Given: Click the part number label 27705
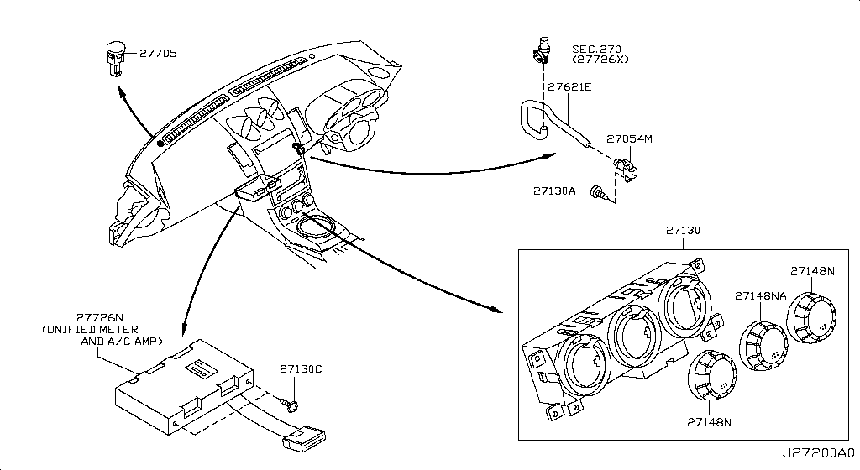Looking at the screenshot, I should tap(157, 54).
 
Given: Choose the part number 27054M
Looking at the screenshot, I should tap(629, 138).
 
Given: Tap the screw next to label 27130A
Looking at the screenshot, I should tap(599, 191).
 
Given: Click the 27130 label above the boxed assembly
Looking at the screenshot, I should tap(683, 229).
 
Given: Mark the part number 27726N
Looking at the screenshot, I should tap(101, 319).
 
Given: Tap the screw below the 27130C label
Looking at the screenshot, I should tap(291, 407).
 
